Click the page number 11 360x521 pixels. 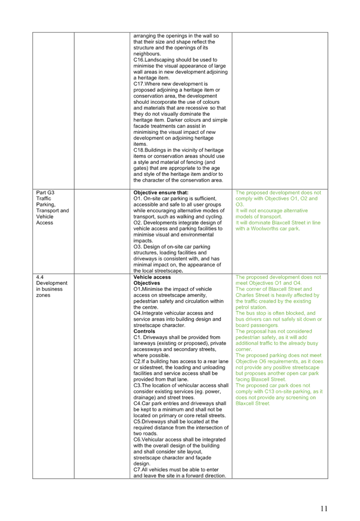pyautogui.click(x=324, y=508)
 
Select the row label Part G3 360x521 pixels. pyautogui.click(x=45, y=192)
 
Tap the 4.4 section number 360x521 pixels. pyautogui.click(x=40, y=277)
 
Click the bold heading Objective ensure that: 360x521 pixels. pyautogui.click(x=161, y=192)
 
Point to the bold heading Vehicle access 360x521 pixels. pyautogui.click(x=152, y=277)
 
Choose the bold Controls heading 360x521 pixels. pyautogui.click(x=144, y=331)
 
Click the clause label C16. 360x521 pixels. pyautogui.click(x=138, y=60)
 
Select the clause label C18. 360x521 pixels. pyautogui.click(x=138, y=150)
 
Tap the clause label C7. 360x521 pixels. pyautogui.click(x=137, y=469)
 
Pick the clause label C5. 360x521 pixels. pyautogui.click(x=137, y=421)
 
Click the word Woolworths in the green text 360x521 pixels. pyautogui.click(x=265, y=229)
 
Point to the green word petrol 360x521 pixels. pyautogui.click(x=242, y=307)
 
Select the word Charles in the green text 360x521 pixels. pyautogui.click(x=245, y=295)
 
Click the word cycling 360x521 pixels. pyautogui.click(x=214, y=217)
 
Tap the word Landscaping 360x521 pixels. pyautogui.click(x=160, y=60)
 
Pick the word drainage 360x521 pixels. pyautogui.click(x=144, y=397)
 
